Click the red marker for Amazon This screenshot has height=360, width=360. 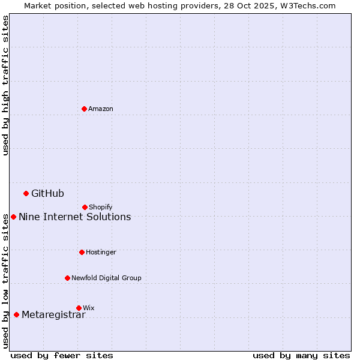click(x=84, y=109)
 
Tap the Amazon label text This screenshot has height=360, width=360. click(x=101, y=109)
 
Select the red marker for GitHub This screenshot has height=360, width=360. click(x=26, y=193)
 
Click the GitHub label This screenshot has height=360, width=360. click(x=47, y=193)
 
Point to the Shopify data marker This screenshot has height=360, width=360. click(x=85, y=207)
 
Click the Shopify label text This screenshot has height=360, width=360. click(x=101, y=207)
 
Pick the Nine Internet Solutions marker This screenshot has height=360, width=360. click(x=13, y=217)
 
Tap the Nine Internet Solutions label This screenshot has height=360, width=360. click(x=74, y=217)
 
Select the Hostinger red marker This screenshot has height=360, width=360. click(x=82, y=252)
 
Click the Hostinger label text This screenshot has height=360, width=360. click(x=101, y=252)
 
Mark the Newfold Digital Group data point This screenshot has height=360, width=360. click(x=67, y=278)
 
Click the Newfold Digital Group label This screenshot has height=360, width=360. click(x=106, y=278)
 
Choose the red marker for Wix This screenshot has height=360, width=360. click(x=79, y=308)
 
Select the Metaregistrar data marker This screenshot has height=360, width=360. click(x=16, y=315)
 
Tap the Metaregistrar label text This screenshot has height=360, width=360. click(x=53, y=315)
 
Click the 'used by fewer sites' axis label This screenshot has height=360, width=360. click(x=62, y=355)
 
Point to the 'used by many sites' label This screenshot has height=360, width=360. click(x=301, y=355)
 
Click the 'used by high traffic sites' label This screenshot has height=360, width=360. click(x=5, y=85)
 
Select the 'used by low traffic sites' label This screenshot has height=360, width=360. click(x=5, y=281)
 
